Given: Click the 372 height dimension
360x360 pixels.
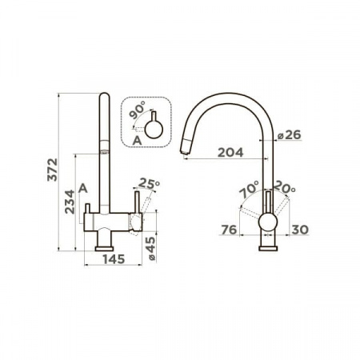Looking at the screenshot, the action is (x=52, y=170).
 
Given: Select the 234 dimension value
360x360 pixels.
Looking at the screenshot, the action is (x=70, y=202).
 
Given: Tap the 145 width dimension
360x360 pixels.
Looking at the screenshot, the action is (x=114, y=259).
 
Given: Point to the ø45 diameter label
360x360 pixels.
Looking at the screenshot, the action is (x=151, y=249).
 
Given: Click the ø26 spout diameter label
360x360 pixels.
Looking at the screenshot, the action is (x=289, y=135).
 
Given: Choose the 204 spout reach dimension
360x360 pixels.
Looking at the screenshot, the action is (x=230, y=153).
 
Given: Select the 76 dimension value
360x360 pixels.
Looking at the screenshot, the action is (x=229, y=230).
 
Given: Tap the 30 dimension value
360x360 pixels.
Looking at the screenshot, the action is (x=300, y=230).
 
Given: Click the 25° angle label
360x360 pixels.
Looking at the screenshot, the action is (x=150, y=183).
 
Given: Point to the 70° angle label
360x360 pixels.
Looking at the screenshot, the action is (x=250, y=189).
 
